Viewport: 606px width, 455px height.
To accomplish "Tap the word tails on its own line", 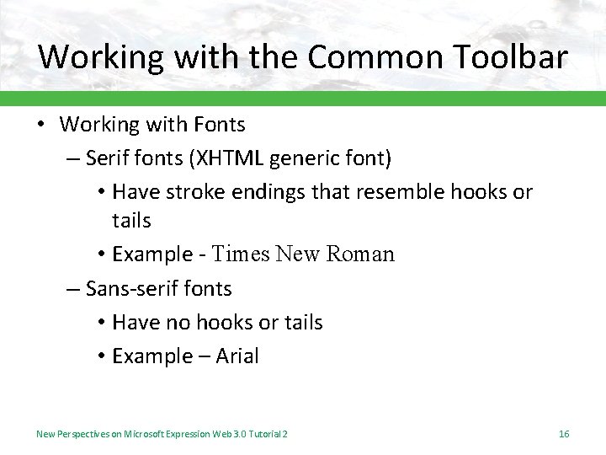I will pos(131,221).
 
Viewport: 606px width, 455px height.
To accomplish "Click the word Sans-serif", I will pos(125,288).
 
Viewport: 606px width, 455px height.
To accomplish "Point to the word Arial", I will pos(237,356).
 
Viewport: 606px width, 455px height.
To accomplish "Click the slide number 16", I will pos(564,434).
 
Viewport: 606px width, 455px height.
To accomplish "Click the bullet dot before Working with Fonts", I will pos(42,125).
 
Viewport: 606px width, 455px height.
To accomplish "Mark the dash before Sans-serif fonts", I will pos(74,288).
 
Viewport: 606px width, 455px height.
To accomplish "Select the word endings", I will pos(265,192).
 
